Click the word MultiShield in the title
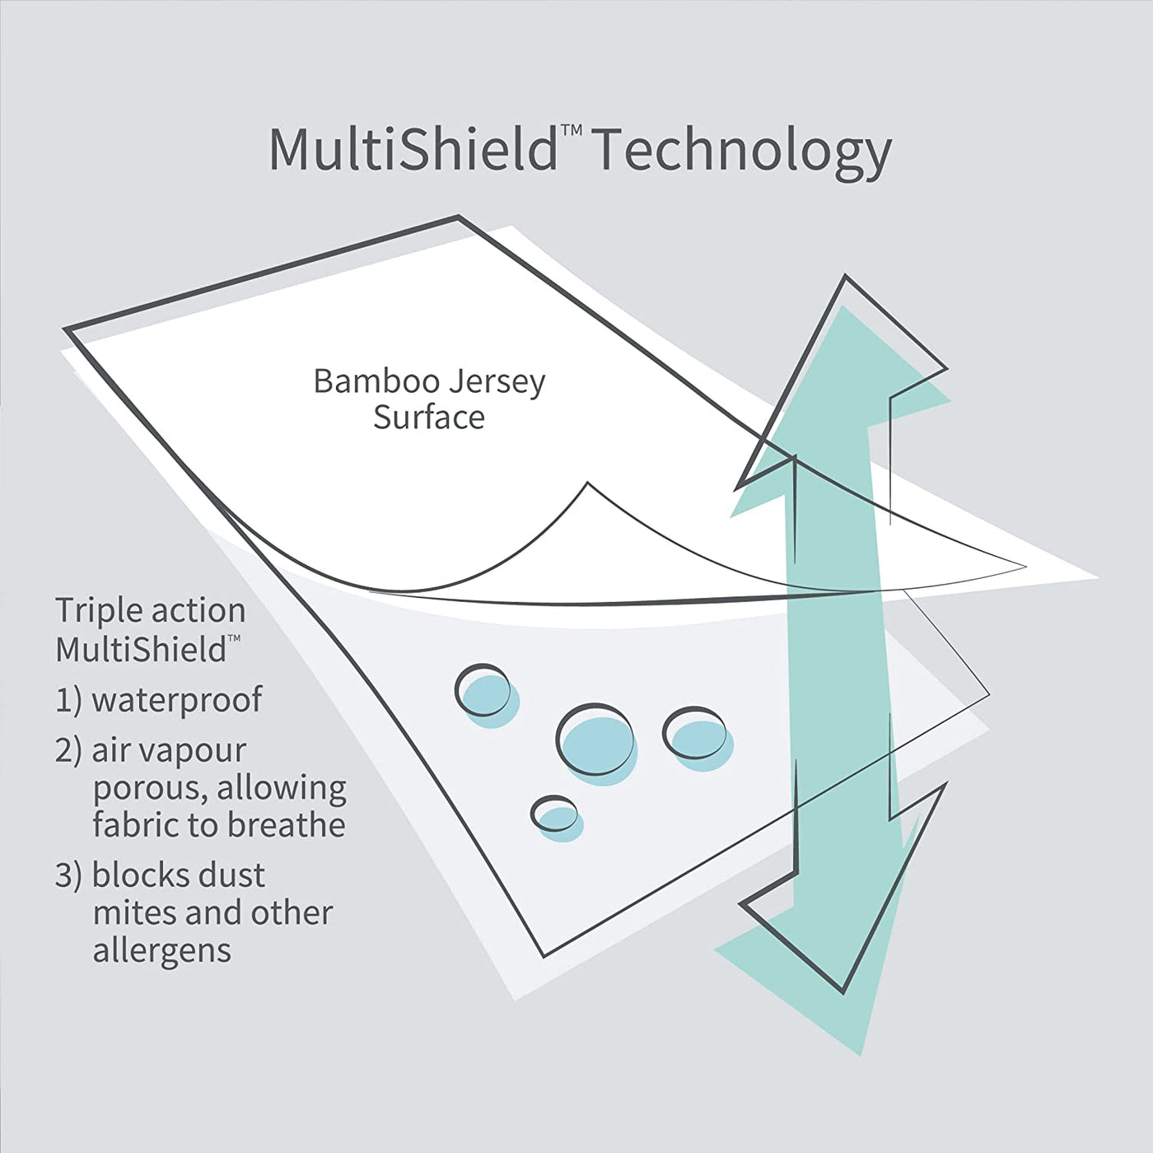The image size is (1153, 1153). point(413,149)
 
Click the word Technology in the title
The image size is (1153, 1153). point(741,152)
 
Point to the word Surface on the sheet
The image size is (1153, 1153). point(428,418)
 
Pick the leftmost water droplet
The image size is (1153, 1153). point(484,693)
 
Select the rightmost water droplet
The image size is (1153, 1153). point(697,735)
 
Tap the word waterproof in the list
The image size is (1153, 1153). point(176,700)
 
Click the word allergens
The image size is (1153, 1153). point(161,950)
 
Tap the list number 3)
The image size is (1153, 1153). point(68,875)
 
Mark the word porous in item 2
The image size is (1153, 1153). point(149,789)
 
